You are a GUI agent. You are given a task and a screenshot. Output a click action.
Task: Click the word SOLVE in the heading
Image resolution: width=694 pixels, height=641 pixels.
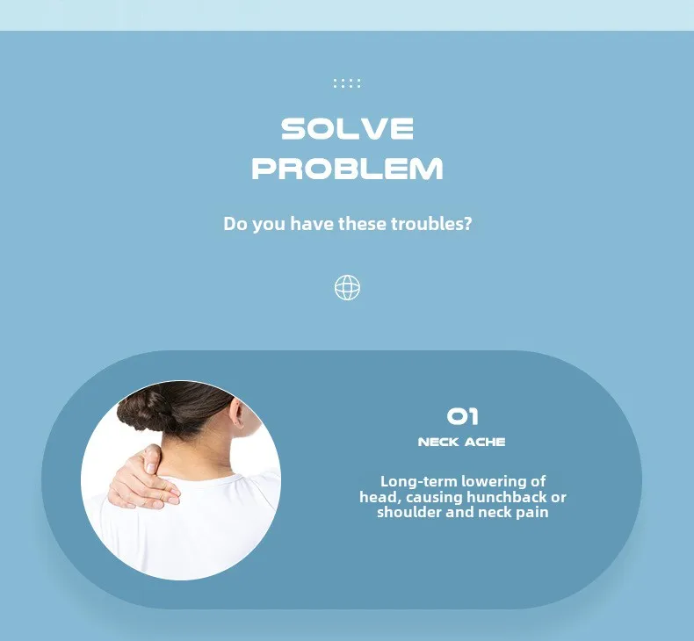(348, 129)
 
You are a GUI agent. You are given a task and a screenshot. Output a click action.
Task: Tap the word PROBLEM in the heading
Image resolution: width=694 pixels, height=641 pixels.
(348, 169)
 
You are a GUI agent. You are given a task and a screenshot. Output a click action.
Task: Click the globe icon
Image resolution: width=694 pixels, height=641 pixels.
(348, 287)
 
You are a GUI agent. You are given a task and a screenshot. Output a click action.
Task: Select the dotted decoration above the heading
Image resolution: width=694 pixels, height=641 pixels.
(347, 83)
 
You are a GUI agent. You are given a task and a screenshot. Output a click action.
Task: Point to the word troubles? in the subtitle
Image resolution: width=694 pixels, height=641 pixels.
(431, 224)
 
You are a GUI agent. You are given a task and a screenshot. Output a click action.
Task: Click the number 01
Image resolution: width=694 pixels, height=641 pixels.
(462, 417)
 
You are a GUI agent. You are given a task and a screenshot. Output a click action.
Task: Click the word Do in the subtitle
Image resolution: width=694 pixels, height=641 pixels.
(235, 224)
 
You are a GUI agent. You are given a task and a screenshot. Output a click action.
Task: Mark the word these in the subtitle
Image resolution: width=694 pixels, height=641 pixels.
(362, 224)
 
